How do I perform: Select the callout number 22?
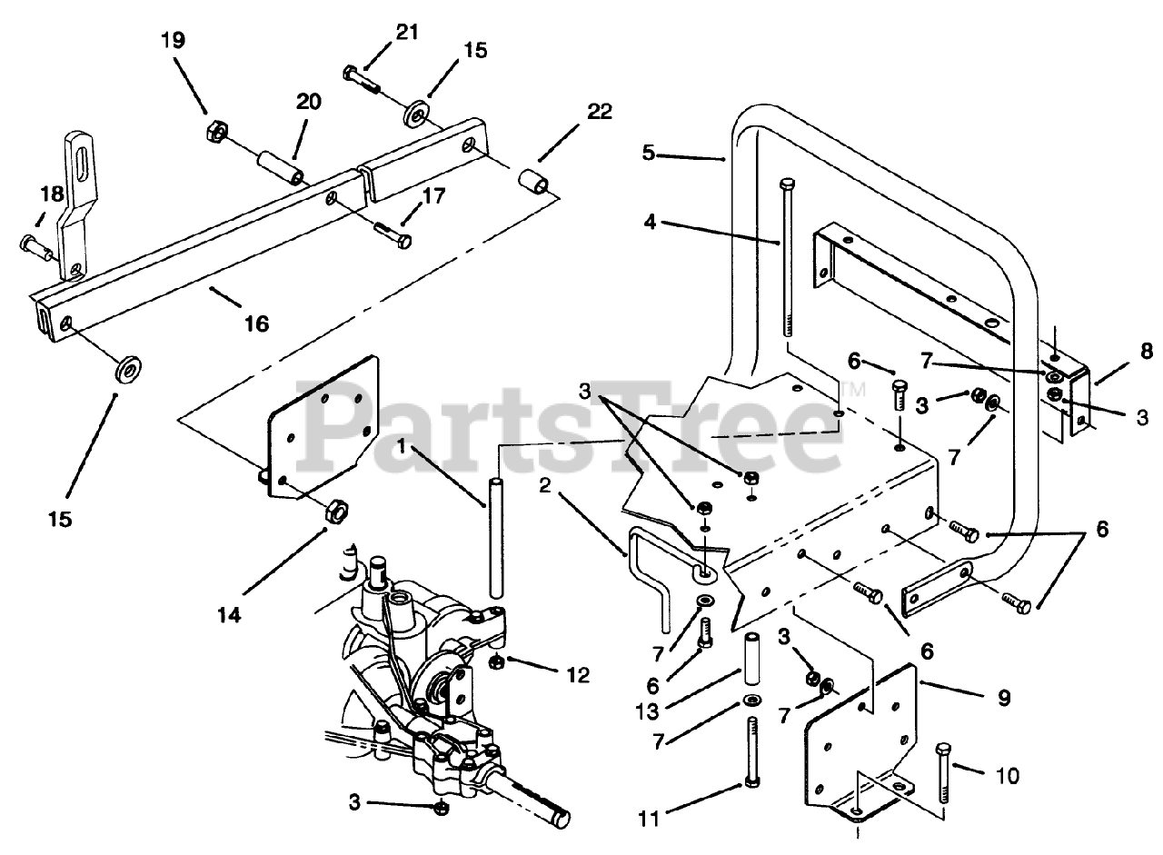[600, 112]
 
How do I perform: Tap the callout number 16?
[257, 322]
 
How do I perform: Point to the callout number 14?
[230, 615]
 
